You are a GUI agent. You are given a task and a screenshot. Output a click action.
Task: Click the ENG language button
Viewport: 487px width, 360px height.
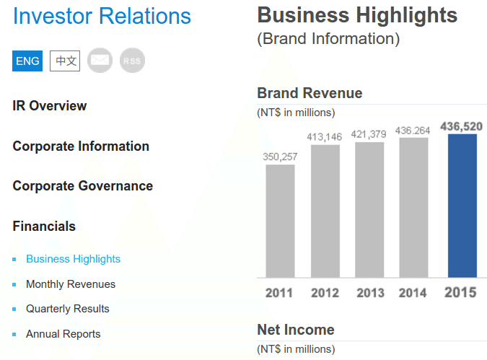click(x=28, y=61)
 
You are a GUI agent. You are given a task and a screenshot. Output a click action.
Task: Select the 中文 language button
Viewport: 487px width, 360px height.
click(x=65, y=61)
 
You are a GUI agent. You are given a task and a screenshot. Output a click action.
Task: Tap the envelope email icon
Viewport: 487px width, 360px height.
click(x=100, y=61)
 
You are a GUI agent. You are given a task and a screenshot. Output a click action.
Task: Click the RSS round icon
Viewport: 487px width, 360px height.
click(x=132, y=61)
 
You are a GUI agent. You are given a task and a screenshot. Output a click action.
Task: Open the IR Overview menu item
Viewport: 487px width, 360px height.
click(x=50, y=106)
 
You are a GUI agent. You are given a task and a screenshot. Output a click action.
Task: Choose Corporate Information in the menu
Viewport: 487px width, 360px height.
click(x=81, y=146)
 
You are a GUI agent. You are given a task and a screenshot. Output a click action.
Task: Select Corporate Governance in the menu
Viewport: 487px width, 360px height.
click(x=83, y=186)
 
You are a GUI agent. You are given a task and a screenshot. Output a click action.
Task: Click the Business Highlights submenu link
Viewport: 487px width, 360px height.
click(x=73, y=259)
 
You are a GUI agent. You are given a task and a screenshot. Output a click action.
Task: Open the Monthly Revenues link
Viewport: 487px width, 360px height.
click(x=71, y=284)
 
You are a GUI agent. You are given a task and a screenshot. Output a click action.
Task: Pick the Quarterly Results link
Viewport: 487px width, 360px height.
click(x=68, y=309)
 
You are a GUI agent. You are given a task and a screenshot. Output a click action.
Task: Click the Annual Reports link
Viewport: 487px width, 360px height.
click(x=63, y=334)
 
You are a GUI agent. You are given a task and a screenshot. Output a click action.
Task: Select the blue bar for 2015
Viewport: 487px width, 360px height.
click(x=462, y=206)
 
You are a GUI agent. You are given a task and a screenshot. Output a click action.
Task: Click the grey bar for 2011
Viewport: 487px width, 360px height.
click(x=280, y=221)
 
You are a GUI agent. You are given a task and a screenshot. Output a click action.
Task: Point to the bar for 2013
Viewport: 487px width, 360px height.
click(x=369, y=209)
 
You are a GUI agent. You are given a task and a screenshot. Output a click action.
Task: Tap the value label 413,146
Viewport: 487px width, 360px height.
click(x=324, y=136)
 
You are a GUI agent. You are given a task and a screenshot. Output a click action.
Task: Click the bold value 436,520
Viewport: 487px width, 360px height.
click(x=461, y=127)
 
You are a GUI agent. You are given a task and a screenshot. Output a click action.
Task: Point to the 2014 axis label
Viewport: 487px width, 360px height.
click(x=413, y=293)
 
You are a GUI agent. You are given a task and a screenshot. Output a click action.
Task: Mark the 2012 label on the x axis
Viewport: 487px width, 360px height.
click(x=325, y=293)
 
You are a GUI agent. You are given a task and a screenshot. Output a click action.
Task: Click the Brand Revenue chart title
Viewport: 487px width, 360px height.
click(x=310, y=93)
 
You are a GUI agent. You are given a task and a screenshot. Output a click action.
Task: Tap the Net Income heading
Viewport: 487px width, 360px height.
click(x=296, y=330)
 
